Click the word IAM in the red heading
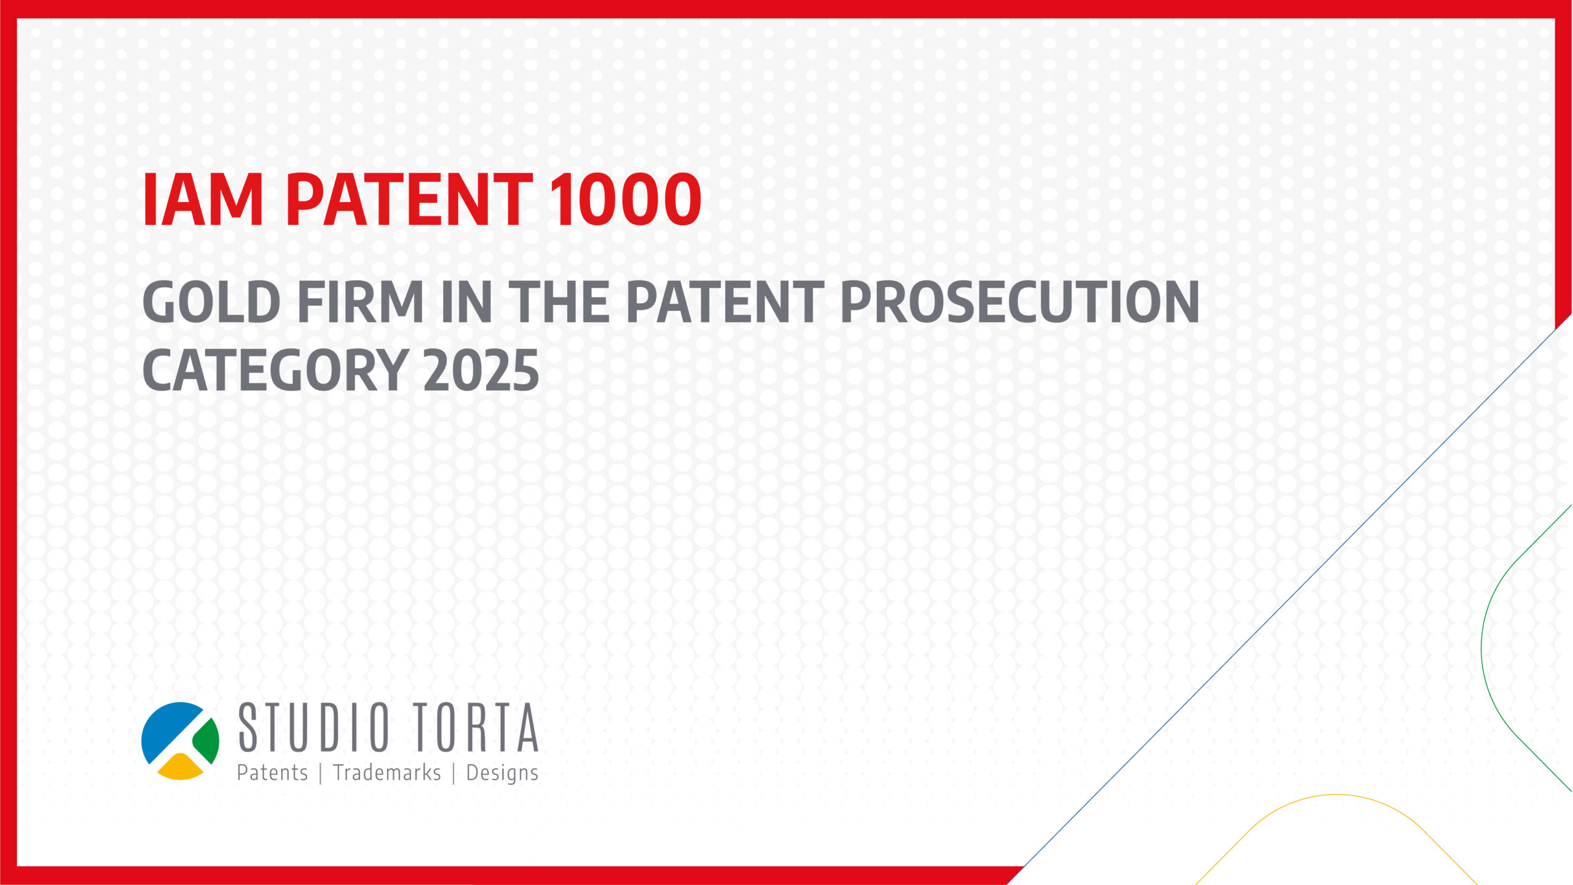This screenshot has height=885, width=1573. [x=203, y=199]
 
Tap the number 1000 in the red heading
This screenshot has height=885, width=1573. [x=626, y=199]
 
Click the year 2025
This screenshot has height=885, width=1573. [x=481, y=369]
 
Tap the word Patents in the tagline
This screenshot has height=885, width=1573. [x=272, y=773]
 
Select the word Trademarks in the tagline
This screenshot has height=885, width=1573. [x=387, y=773]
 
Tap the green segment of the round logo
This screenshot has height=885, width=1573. [x=208, y=741]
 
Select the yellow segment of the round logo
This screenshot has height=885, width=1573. [x=181, y=768]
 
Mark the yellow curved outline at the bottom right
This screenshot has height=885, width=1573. [x=1336, y=795]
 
